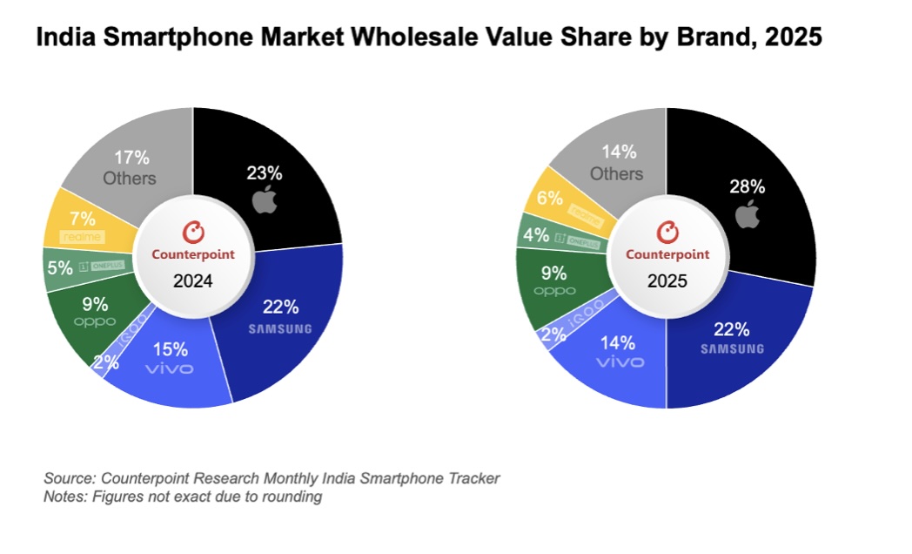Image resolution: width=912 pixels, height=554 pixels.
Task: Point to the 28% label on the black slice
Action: click(x=748, y=186)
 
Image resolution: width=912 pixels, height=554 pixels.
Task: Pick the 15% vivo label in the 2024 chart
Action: click(x=171, y=349)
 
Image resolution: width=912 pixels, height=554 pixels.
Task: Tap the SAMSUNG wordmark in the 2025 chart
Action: click(x=733, y=348)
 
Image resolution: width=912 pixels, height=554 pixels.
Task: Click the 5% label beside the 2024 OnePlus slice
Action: click(x=60, y=268)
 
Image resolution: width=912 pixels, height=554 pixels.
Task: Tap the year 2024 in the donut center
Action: click(x=193, y=282)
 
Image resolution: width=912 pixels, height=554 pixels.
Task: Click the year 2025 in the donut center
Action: click(x=666, y=282)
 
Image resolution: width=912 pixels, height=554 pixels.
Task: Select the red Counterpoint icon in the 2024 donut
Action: click(x=193, y=232)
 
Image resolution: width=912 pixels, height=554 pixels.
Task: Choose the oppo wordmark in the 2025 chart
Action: click(x=555, y=291)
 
